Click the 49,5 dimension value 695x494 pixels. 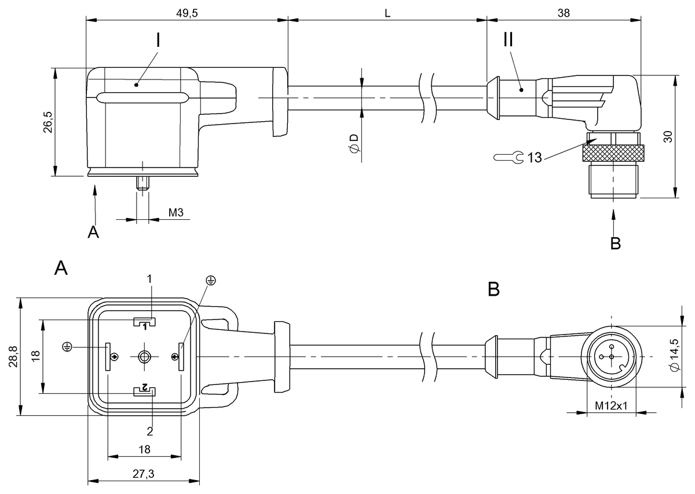click(186, 13)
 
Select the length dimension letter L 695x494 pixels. click(387, 13)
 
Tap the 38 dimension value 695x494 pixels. click(564, 13)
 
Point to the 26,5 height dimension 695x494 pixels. click(48, 122)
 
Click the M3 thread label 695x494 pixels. click(175, 213)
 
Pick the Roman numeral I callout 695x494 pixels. click(158, 40)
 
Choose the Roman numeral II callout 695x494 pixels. click(509, 39)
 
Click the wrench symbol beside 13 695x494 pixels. click(509, 157)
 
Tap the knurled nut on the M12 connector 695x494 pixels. click(613, 153)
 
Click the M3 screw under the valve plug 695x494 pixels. click(142, 183)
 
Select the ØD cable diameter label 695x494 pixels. click(354, 144)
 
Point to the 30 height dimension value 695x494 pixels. click(668, 137)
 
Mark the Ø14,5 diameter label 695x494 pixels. click(675, 354)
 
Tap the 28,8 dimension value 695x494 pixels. click(14, 357)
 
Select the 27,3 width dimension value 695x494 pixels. click(144, 474)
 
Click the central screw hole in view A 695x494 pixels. click(144, 357)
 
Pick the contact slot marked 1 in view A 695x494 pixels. click(144, 322)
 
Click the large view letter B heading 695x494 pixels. click(493, 289)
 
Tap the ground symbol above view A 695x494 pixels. click(211, 281)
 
